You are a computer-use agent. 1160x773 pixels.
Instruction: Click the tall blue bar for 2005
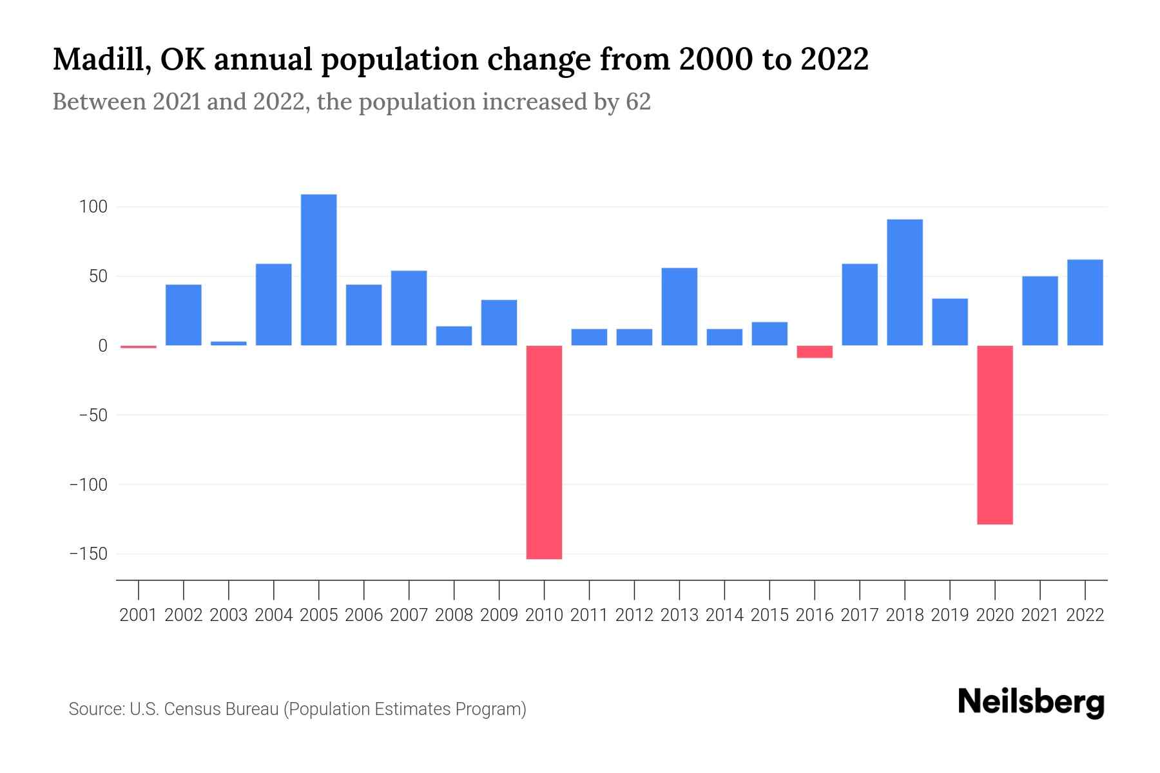click(319, 270)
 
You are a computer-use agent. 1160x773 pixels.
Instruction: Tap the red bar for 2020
click(995, 435)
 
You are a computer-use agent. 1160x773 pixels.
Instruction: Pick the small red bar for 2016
click(815, 352)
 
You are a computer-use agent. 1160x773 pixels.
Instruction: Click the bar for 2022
click(1085, 303)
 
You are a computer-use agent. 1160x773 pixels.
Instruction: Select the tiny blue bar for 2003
click(229, 343)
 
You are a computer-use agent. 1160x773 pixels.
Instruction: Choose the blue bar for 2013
click(679, 307)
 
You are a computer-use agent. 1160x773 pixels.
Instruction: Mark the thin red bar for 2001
click(139, 347)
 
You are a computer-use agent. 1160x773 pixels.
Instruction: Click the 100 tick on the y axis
click(93, 207)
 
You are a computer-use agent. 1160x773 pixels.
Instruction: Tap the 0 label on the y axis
click(102, 346)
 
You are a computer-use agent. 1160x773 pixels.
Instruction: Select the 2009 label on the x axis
click(499, 615)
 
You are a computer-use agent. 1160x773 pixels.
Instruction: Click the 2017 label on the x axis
click(860, 615)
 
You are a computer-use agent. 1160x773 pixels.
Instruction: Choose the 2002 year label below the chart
click(184, 615)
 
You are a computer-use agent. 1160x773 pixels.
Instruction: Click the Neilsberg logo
click(1031, 702)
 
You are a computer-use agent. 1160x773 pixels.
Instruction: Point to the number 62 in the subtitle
click(638, 102)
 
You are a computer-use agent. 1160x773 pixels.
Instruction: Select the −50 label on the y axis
click(93, 415)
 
